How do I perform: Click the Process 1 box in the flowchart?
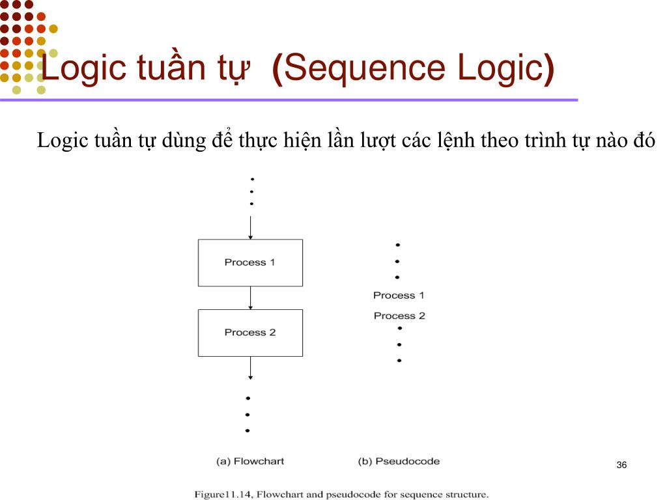point(250,262)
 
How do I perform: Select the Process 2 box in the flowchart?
point(250,333)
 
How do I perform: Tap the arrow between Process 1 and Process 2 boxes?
point(251,298)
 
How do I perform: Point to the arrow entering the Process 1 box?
point(251,227)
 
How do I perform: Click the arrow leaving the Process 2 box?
point(251,368)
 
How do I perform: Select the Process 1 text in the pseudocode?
point(399,296)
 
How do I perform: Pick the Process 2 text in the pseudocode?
point(399,316)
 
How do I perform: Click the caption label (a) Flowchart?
point(250,462)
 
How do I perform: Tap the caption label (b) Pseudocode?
point(399,462)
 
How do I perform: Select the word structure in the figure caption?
point(464,494)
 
